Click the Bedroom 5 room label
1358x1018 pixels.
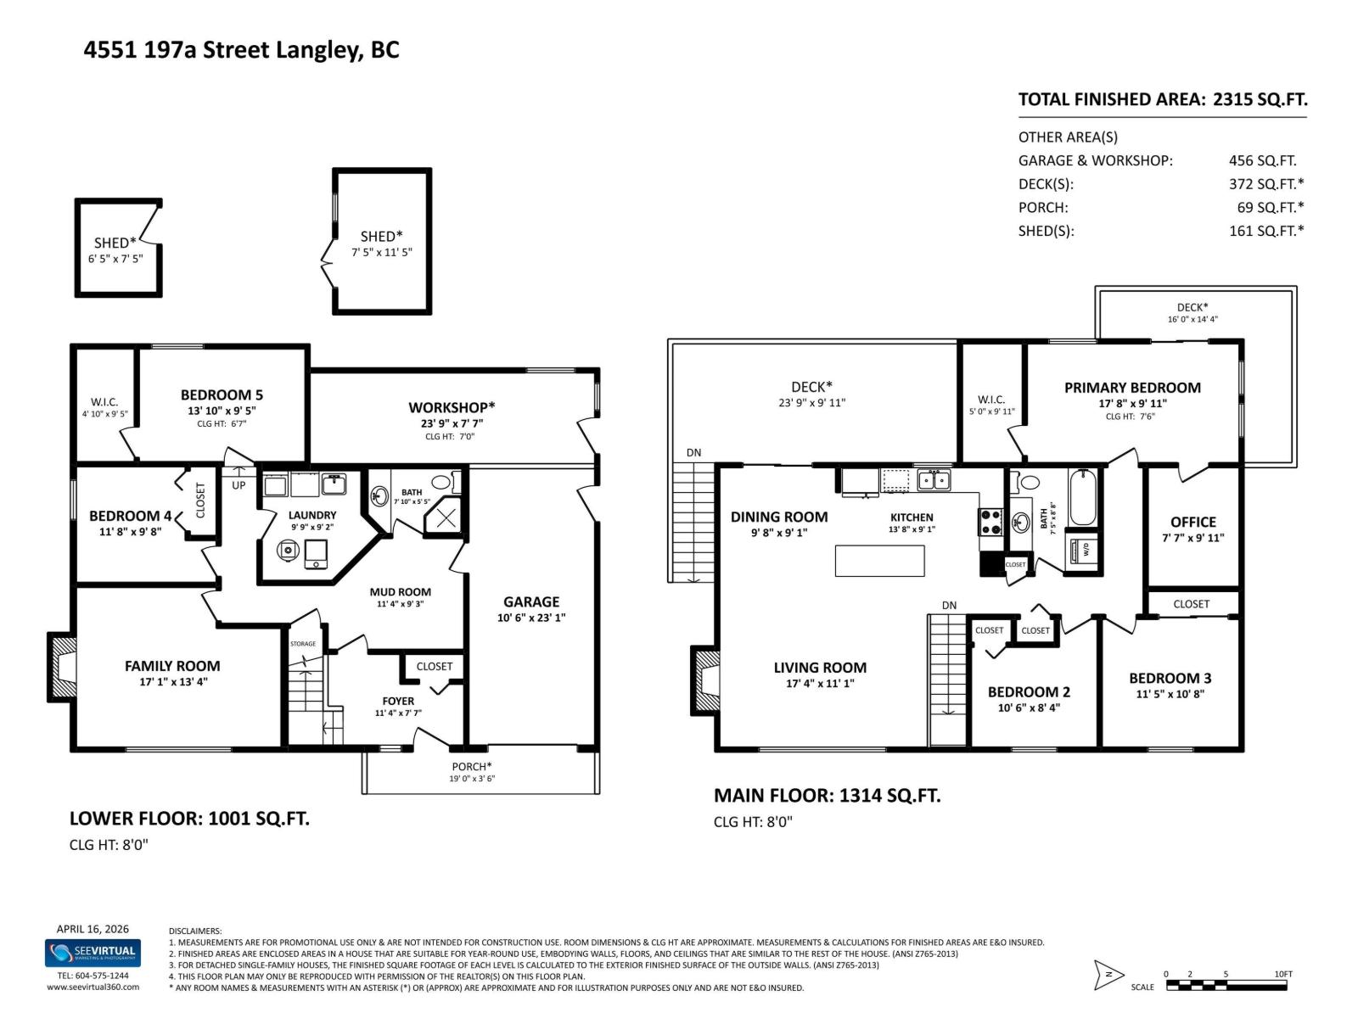(x=222, y=394)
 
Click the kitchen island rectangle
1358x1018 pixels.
(x=879, y=561)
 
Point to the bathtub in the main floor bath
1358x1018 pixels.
(x=1083, y=498)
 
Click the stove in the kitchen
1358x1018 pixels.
(x=990, y=521)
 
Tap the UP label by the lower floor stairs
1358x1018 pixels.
(x=238, y=485)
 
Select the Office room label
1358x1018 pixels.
(x=1192, y=522)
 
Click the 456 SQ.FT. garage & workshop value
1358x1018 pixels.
(x=1262, y=160)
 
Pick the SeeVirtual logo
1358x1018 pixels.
(x=93, y=953)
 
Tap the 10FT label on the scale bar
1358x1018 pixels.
(x=1282, y=974)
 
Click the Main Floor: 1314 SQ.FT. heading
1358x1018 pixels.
(x=827, y=796)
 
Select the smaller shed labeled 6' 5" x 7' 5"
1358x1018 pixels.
(x=118, y=248)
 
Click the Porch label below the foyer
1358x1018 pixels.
(x=471, y=767)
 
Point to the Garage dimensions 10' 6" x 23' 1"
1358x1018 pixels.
(x=530, y=618)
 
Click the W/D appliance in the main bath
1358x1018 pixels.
(x=1084, y=548)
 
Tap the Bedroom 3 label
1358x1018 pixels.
(x=1170, y=678)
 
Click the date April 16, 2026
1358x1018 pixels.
(x=93, y=929)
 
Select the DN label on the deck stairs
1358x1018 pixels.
(x=693, y=452)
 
